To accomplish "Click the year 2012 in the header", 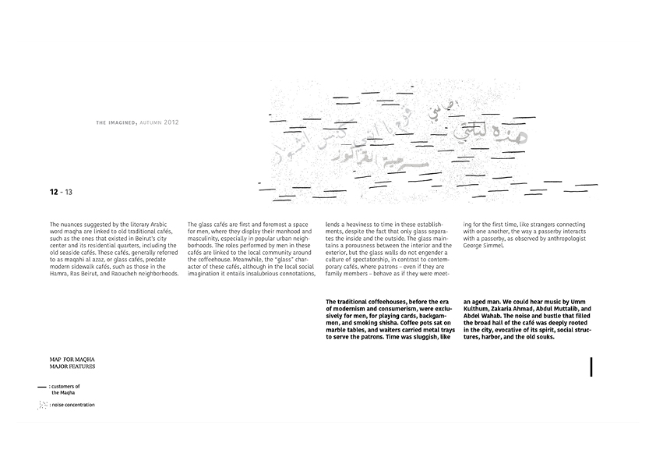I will [x=171, y=122].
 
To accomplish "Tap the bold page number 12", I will [x=53, y=191].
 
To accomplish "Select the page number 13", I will [x=69, y=191].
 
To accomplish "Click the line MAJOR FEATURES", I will [x=72, y=366].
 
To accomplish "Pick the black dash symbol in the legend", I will [x=41, y=387].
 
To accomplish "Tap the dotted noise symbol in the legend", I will [x=42, y=405].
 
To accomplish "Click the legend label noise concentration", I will [x=74, y=405].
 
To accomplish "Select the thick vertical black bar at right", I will [x=591, y=367].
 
